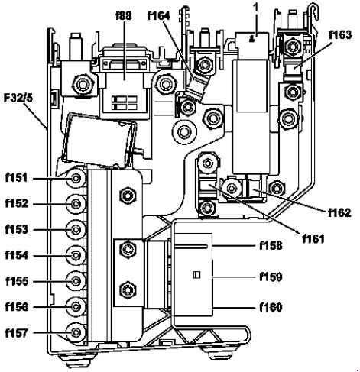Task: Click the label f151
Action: (x=16, y=178)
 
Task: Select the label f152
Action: (x=17, y=203)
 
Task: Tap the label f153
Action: (x=17, y=229)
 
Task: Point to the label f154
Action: (x=17, y=255)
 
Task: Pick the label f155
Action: (x=17, y=281)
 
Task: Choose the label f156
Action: (x=17, y=307)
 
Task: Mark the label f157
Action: (x=16, y=333)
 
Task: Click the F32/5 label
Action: (x=18, y=98)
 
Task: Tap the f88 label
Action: (x=124, y=16)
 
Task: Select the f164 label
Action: (x=159, y=16)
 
